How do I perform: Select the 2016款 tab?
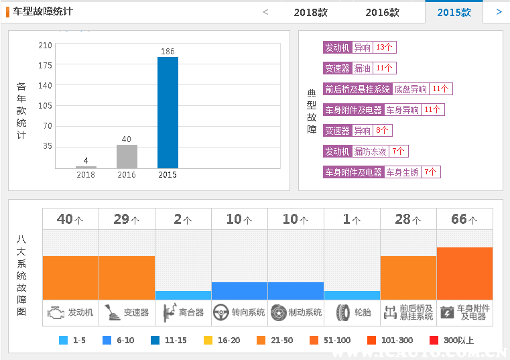point(382,12)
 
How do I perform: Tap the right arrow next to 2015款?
point(499,11)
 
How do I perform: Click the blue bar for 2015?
point(168,112)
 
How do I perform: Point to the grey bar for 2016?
point(127,156)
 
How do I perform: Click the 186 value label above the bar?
point(168,52)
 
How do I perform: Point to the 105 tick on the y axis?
point(45,105)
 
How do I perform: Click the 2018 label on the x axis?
point(86,175)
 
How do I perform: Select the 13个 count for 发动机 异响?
point(385,48)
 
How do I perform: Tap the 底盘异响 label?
point(410,89)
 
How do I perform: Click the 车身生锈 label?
point(402,172)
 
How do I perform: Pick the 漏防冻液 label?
point(370,152)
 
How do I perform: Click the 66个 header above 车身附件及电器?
point(464,219)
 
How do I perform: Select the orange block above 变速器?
point(127,278)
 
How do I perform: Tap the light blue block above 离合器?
point(183,295)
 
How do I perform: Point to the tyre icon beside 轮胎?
point(343,312)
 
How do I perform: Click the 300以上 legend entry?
point(452,341)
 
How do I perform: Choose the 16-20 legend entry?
point(222,341)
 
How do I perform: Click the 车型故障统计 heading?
point(43,11)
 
